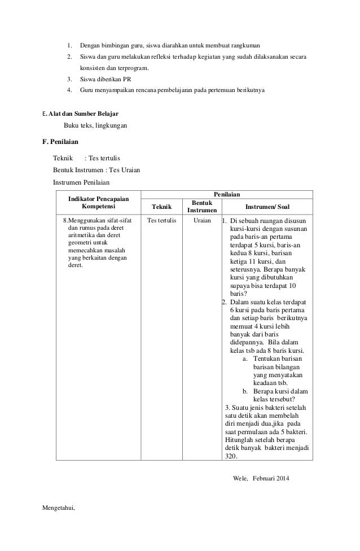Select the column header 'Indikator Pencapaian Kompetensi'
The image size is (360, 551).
pos(98,203)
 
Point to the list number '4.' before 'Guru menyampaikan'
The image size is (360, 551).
pos(69,90)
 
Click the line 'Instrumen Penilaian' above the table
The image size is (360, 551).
pos(81,182)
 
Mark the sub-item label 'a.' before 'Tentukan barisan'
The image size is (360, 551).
pos(245,358)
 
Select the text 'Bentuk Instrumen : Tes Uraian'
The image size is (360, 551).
pos(96,170)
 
